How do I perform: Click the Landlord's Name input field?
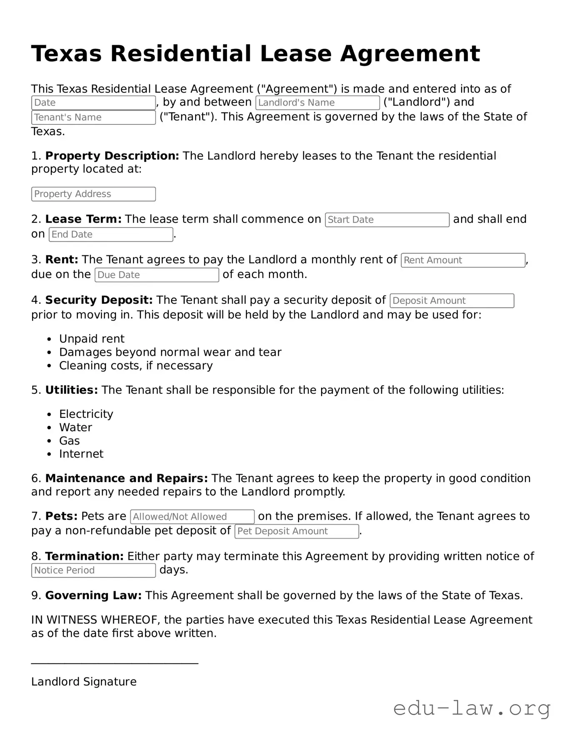pos(317,103)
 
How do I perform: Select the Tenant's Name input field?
pos(93,117)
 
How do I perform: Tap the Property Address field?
pos(93,194)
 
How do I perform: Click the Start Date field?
pos(387,220)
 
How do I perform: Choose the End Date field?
pos(111,235)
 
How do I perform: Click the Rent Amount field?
pos(463,261)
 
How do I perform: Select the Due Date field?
pos(157,275)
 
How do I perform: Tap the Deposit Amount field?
pos(452,301)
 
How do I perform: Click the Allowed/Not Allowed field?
pos(192,517)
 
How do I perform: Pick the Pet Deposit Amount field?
pos(297,531)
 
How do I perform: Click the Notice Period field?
pos(93,571)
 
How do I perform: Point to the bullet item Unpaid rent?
pos(92,339)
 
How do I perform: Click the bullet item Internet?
pos(81,454)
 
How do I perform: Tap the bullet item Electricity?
pos(86,414)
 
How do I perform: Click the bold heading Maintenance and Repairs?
pos(126,478)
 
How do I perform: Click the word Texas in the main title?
pos(66,54)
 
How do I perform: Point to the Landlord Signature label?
pos(84,682)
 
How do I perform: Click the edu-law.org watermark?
pos(472,708)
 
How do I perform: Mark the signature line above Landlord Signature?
pos(115,663)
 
